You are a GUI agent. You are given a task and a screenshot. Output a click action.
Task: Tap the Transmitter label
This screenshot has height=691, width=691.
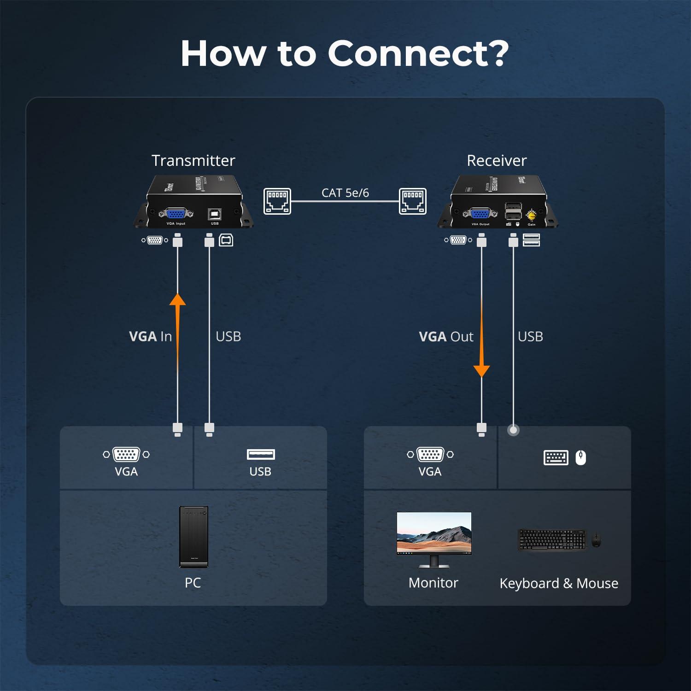click(193, 160)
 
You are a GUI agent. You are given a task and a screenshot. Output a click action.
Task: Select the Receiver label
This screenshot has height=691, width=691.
click(496, 160)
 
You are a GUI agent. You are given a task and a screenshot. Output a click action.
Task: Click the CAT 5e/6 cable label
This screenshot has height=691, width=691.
click(345, 193)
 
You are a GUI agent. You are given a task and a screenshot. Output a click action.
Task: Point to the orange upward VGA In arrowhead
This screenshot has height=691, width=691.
click(177, 299)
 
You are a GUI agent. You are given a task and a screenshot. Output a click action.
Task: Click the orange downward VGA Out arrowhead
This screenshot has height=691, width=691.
click(481, 370)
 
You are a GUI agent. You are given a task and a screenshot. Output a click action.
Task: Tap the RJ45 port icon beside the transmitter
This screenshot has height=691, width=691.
click(277, 201)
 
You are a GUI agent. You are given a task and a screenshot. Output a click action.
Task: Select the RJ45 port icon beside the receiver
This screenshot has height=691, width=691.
click(412, 201)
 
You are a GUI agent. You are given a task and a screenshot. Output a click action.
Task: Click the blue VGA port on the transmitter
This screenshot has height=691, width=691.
click(176, 214)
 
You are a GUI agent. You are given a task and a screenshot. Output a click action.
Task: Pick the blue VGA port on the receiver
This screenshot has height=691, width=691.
click(480, 214)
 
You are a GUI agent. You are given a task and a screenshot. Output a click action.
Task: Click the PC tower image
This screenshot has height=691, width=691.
click(193, 537)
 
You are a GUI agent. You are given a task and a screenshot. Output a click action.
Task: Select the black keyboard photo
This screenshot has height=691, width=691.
click(552, 539)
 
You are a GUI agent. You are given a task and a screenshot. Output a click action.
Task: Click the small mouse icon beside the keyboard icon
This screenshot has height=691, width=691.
click(580, 457)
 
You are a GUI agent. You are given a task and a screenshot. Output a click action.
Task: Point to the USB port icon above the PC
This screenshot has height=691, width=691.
click(261, 455)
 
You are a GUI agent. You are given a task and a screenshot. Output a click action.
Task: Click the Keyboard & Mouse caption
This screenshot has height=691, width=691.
click(558, 583)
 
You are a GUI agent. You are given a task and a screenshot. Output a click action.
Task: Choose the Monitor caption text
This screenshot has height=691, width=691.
click(433, 583)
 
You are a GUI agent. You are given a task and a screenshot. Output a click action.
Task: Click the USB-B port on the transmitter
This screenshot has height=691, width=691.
click(215, 214)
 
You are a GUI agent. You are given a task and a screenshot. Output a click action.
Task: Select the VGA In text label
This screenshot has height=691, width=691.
click(150, 336)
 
